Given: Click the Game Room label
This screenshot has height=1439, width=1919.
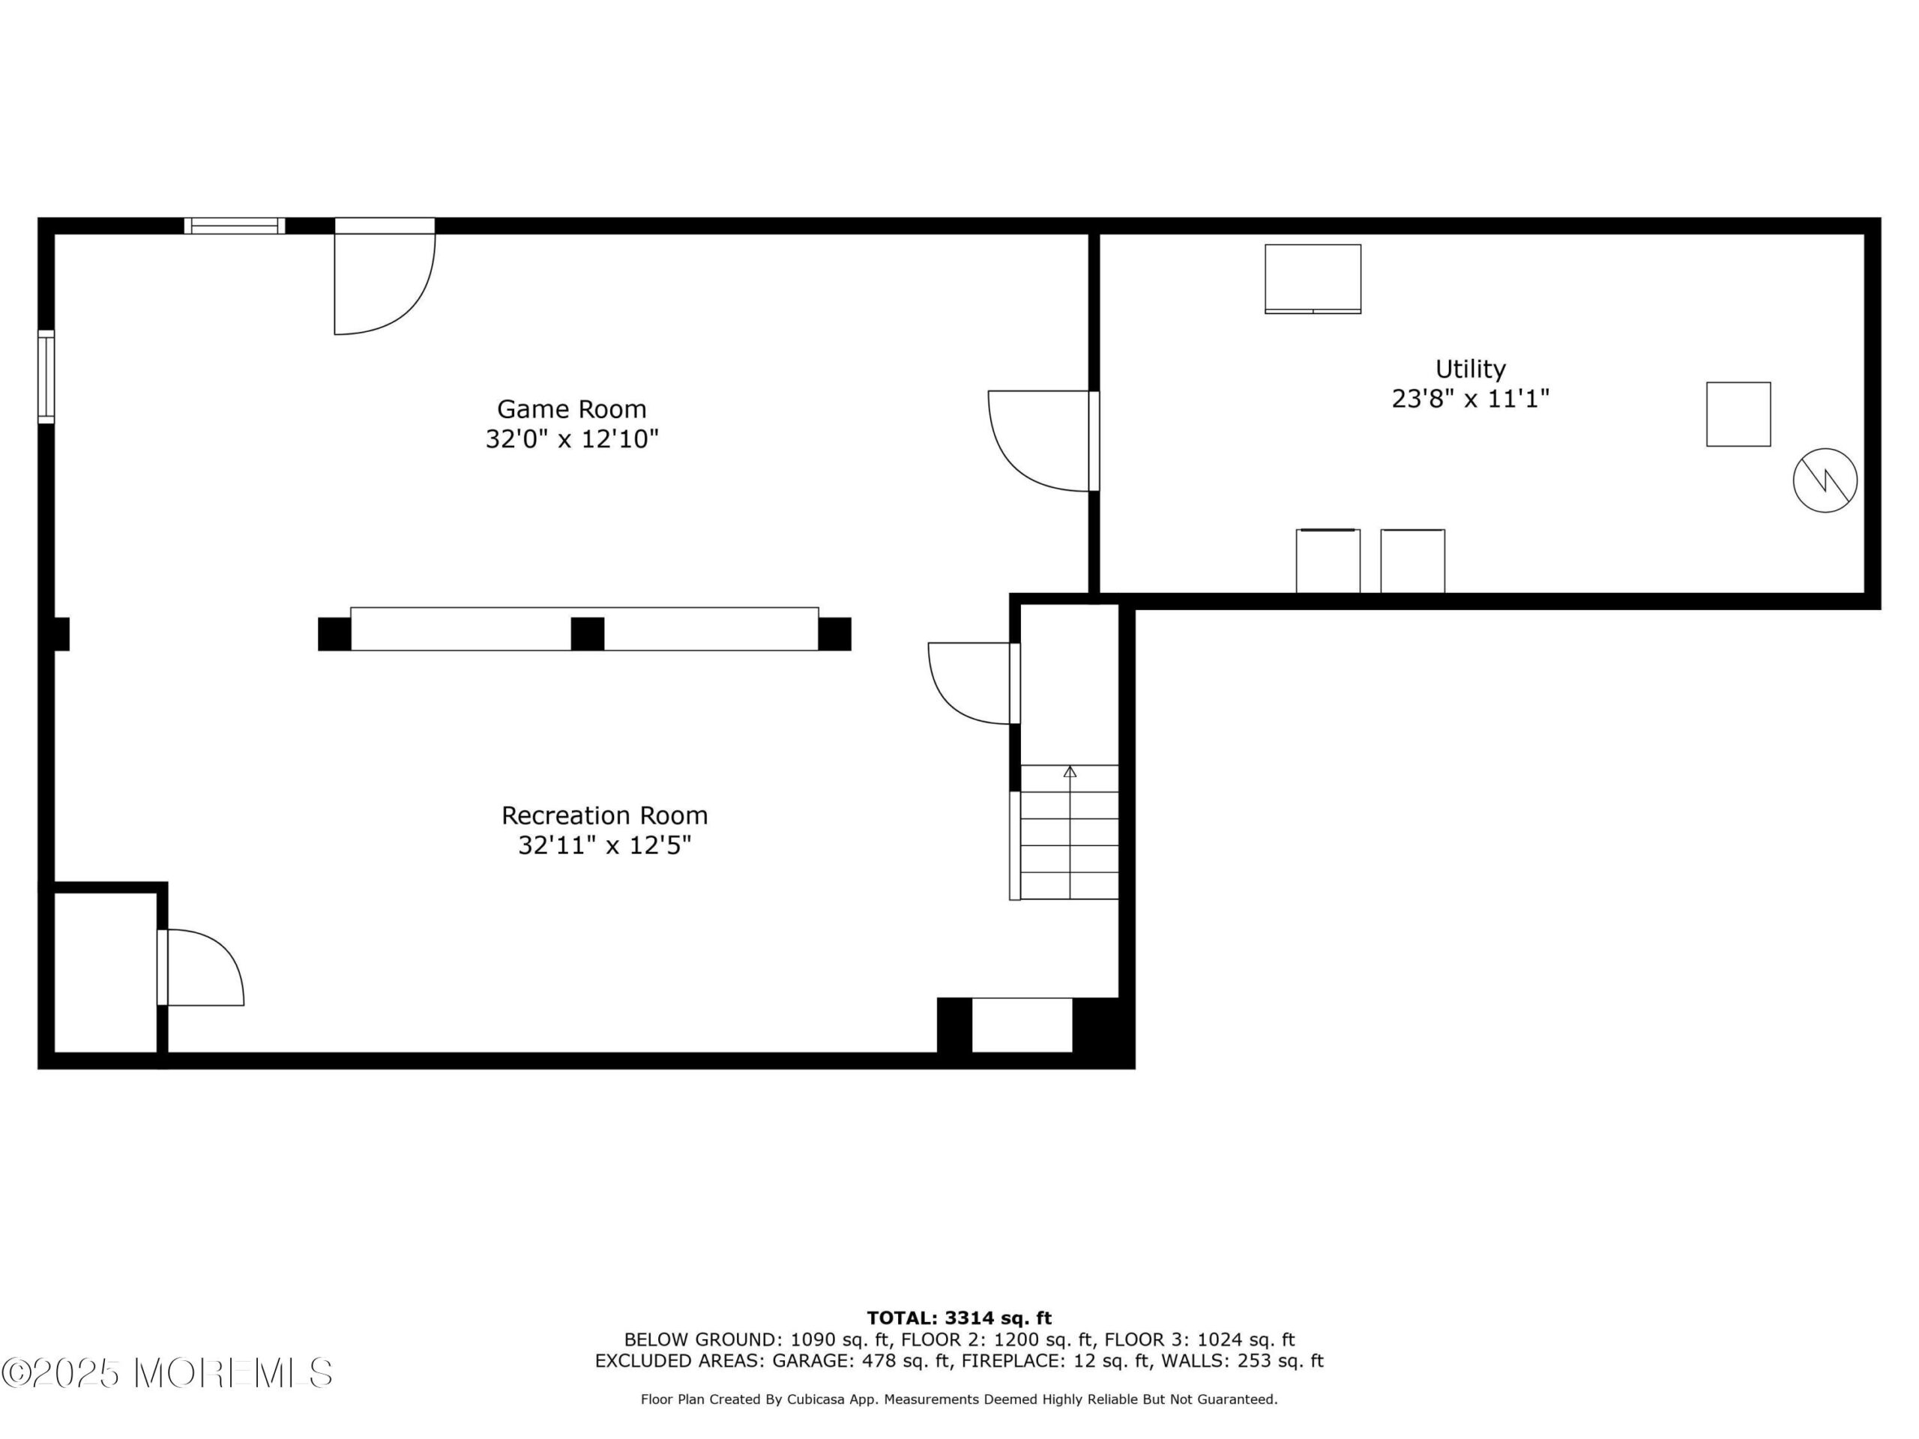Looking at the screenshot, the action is click(x=572, y=408).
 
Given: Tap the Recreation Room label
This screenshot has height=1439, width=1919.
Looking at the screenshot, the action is click(x=605, y=815).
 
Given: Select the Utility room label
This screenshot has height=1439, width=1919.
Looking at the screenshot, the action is click(x=1471, y=369).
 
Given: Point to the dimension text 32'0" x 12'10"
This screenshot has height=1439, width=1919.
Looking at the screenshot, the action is click(x=572, y=439).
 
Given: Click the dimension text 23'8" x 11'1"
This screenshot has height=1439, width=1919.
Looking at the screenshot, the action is click(x=1471, y=399).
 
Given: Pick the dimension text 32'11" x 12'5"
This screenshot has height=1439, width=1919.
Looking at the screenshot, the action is click(x=605, y=845).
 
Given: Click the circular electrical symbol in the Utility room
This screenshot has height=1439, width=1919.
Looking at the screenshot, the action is click(x=1825, y=480).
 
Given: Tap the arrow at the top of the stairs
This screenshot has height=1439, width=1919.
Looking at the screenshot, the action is click(x=1070, y=772).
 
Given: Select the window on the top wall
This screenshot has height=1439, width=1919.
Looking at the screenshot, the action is click(x=234, y=226).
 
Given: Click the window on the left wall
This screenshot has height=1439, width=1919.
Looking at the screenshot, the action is click(x=46, y=376).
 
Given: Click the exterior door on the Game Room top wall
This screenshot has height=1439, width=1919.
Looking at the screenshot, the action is click(x=385, y=276).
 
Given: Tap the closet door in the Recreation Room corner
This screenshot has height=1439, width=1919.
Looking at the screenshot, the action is click(x=200, y=967).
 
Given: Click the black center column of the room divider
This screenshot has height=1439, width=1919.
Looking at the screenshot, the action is click(x=588, y=633).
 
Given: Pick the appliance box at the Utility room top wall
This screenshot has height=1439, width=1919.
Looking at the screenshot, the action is click(x=1313, y=279).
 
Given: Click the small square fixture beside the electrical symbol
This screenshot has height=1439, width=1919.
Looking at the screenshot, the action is click(x=1738, y=414).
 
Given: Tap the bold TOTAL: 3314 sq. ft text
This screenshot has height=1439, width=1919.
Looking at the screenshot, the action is click(x=959, y=1318).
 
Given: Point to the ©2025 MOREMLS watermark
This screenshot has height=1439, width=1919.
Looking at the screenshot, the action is click(x=166, y=1373).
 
